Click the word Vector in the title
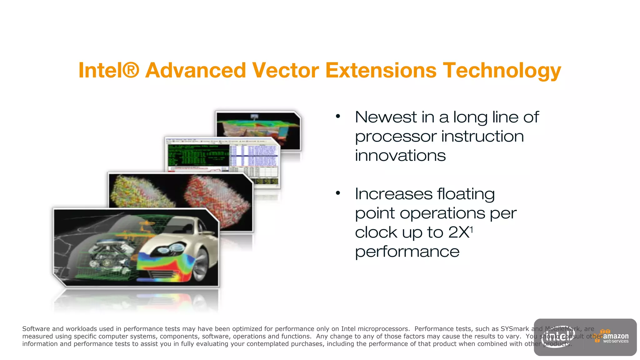[x=285, y=70]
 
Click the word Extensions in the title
[x=381, y=70]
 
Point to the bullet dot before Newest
[x=338, y=117]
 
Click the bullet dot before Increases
[x=338, y=193]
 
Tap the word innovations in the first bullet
[x=400, y=156]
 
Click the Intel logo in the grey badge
[x=558, y=337]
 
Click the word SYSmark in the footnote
[x=515, y=329]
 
